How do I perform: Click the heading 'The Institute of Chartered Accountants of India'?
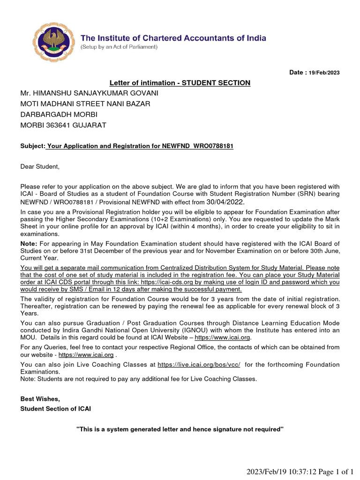pos(173,38)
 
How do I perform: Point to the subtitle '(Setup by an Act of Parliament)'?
pos(119,47)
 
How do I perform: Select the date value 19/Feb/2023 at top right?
pos(324,73)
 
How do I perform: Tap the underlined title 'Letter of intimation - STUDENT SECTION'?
pos(180,83)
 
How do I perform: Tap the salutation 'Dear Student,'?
pos(40,166)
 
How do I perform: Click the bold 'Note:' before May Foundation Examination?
pos(29,244)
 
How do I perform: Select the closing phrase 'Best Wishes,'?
pos(40,399)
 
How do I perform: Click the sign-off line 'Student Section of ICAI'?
pos(56,409)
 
